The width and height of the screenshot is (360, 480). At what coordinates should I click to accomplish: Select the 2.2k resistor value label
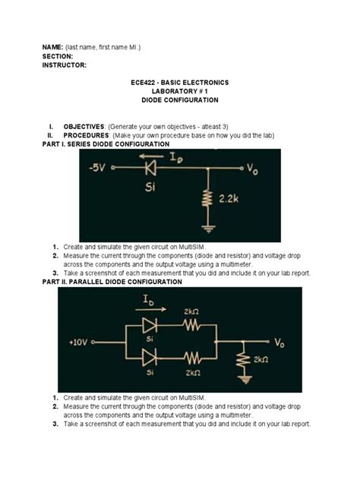[x=230, y=197]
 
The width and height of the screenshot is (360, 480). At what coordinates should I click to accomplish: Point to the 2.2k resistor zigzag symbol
[x=207, y=199]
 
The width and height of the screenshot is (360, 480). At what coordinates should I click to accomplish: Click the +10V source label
[x=80, y=343]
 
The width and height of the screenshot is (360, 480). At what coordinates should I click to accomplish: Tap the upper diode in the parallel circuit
[x=150, y=326]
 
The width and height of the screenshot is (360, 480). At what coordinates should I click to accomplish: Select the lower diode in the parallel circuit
[x=150, y=357]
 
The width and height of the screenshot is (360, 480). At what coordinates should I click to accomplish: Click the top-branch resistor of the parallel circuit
[x=191, y=326]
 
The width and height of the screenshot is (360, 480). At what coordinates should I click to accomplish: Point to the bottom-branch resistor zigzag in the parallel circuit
[x=191, y=357]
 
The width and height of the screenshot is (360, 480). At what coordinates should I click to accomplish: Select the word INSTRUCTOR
[x=65, y=65]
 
